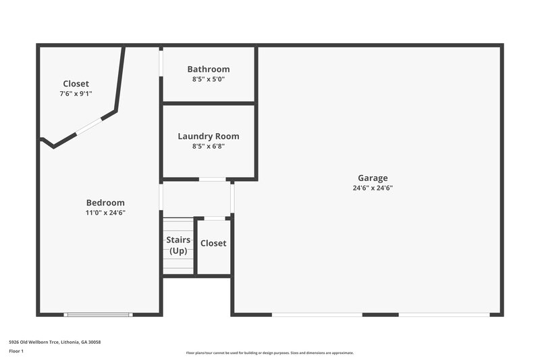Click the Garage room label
coord(373,178)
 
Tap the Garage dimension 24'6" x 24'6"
coord(373,188)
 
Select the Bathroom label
coord(209,69)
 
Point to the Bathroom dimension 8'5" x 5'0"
coord(209,79)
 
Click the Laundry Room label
coord(209,136)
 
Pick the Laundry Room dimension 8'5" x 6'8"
coord(209,146)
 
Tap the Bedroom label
coord(105,203)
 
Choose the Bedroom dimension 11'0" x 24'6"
coord(105,213)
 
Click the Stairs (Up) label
coord(178,245)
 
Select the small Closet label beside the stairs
coord(213,243)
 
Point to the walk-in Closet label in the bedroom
coord(76,84)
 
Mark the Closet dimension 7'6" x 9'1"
coord(76,94)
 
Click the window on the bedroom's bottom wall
coord(98,314)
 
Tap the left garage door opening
coord(317,314)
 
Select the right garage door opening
coord(444,314)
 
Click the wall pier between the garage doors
coord(381,314)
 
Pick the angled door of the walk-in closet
coord(88,126)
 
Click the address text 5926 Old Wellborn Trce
coord(55,342)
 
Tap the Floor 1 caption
coord(17,351)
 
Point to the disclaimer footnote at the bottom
coord(269,353)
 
